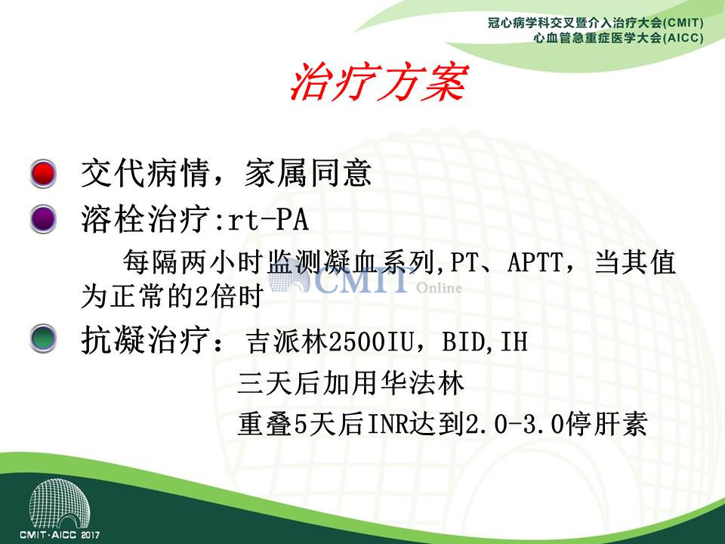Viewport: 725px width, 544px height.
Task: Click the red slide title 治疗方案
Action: [x=379, y=82]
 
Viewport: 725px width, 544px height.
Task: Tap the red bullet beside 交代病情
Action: [x=43, y=174]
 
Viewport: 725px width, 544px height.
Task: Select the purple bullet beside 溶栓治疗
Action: [x=43, y=219]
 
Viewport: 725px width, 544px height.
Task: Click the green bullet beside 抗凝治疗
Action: [x=43, y=338]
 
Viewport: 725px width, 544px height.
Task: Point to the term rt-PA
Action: [x=268, y=219]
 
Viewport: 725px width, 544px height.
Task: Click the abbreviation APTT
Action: [x=535, y=262]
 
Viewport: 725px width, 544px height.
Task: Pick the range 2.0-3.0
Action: [x=514, y=423]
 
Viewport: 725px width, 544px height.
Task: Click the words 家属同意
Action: [x=308, y=174]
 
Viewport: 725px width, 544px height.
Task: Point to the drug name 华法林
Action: [x=421, y=383]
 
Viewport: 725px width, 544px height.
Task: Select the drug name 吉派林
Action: [x=286, y=342]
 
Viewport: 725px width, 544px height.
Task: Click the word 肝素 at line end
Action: [x=619, y=423]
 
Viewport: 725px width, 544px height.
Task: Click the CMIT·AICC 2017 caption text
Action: [x=59, y=535]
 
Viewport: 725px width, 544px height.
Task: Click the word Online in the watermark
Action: [x=439, y=288]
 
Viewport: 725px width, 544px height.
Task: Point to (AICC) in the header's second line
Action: [x=683, y=38]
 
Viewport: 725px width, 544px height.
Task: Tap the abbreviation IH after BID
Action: [x=514, y=342]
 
